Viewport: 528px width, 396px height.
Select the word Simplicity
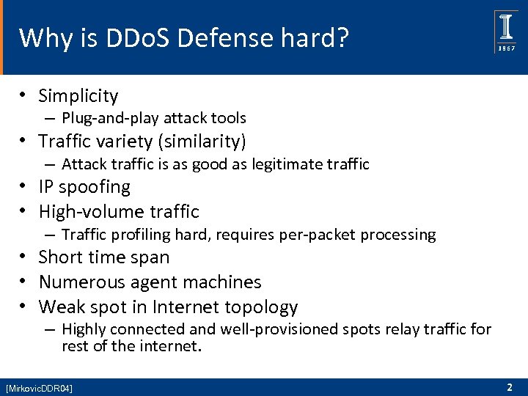tap(78, 95)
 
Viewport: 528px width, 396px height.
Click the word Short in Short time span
tap(61, 257)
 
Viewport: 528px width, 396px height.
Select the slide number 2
tap(509, 386)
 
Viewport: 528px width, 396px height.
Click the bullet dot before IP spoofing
tap(24, 188)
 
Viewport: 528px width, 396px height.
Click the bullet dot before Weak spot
tap(24, 307)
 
